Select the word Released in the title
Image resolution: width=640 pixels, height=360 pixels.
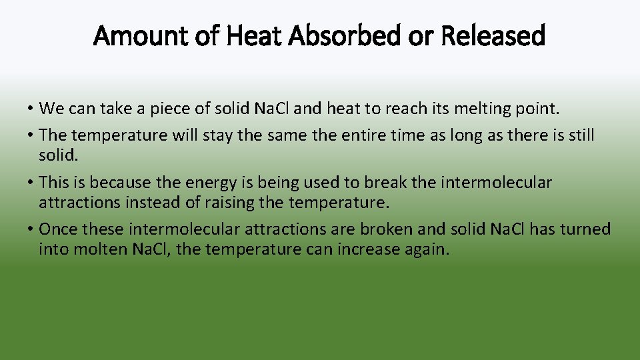(x=493, y=35)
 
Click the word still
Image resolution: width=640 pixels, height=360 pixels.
(x=581, y=135)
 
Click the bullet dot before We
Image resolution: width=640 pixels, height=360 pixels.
(x=32, y=108)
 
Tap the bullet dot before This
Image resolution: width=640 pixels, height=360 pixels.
(x=32, y=183)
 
